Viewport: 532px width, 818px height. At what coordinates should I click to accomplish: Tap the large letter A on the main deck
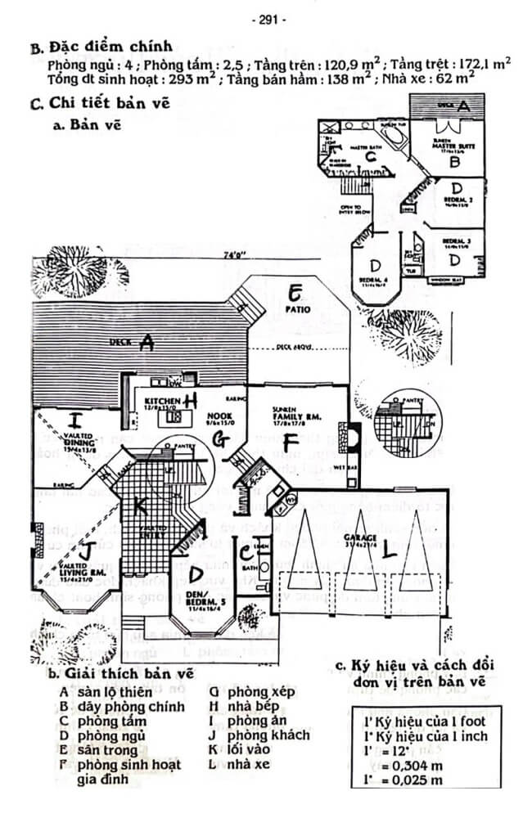click(147, 344)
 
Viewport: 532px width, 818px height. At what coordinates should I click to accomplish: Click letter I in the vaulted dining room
click(76, 422)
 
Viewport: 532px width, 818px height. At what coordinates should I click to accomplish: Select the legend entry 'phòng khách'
click(268, 735)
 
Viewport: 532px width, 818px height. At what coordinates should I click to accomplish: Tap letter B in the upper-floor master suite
click(455, 162)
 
